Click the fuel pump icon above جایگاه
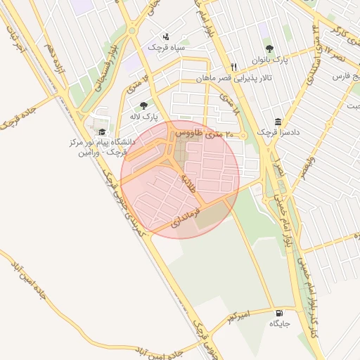click(280, 313)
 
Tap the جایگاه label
click(279, 324)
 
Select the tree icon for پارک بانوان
click(269, 49)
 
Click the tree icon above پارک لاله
click(143, 105)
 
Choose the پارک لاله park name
click(143, 116)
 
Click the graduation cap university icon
click(103, 131)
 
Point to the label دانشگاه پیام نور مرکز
click(103, 142)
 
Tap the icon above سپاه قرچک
click(166, 36)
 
